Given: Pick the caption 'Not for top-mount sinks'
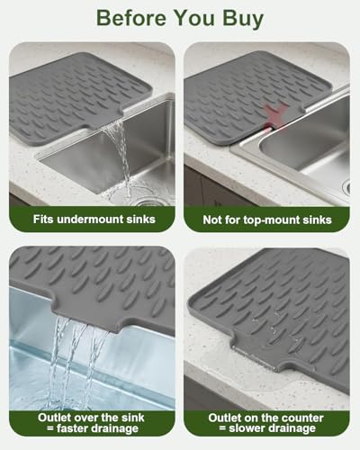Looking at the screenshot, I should click(x=268, y=219).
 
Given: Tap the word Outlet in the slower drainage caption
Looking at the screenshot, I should click(x=225, y=417).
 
